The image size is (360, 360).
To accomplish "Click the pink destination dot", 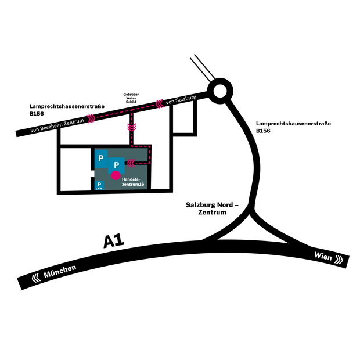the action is tap(116, 175).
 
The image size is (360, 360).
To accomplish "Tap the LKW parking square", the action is tap(99, 185).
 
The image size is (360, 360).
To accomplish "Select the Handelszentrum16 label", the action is tap(133, 182).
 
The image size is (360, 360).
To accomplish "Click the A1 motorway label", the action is tap(114, 241).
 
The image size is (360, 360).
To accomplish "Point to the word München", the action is tap(60, 271).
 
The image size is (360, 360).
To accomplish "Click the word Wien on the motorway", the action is tap(323, 256).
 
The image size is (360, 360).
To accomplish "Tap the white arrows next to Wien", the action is tap(339, 260).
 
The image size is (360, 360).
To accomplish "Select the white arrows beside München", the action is tap(36, 278).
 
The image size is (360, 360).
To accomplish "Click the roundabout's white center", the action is tap(220, 91).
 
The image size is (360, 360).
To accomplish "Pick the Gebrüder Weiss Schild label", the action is tap(131, 98).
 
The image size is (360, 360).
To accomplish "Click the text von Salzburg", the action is tap(181, 100).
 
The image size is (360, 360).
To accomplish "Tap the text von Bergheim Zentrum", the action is tap(57, 125).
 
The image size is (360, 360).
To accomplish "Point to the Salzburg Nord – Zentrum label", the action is tap(212, 208).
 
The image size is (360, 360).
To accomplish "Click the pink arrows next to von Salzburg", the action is tap(160, 103).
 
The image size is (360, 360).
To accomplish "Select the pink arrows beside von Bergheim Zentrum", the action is tap(91, 118).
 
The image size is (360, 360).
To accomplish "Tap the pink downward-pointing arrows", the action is tap(132, 127).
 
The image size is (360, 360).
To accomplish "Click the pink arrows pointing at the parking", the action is tap(131, 163).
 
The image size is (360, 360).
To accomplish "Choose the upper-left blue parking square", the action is tap(101, 159).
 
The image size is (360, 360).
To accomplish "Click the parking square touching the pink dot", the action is tap(116, 165).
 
